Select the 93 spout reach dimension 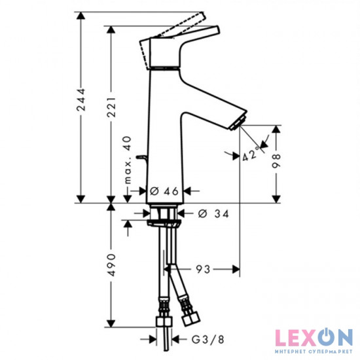pyautogui.click(x=203, y=268)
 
